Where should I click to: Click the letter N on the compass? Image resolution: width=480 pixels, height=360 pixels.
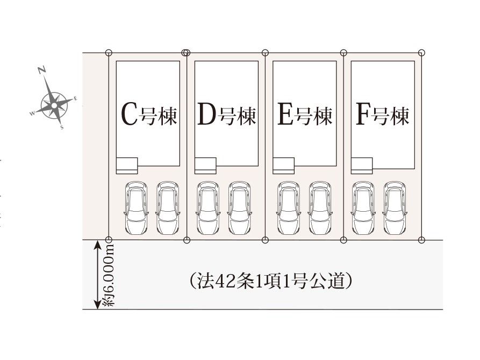point(42,70)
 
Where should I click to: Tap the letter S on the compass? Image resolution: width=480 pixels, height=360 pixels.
point(62,128)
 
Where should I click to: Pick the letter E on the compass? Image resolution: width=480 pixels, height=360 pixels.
point(75,98)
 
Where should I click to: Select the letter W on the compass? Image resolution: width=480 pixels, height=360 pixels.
point(32,113)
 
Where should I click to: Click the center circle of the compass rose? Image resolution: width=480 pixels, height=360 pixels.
point(54,105)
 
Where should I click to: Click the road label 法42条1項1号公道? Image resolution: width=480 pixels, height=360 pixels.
point(270,280)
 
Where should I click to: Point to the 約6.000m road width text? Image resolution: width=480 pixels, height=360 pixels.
point(109,275)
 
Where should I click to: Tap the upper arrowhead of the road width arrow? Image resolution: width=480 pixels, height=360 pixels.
point(97,244)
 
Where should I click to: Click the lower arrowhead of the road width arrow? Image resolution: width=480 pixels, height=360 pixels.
point(97,305)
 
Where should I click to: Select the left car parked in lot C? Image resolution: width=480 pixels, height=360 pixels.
point(136,208)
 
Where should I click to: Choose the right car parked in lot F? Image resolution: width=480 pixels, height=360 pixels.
point(395,208)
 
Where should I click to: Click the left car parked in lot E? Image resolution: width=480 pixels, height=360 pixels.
point(289,208)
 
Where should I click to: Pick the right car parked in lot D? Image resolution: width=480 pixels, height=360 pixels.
point(239,208)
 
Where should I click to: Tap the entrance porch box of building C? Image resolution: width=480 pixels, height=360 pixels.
point(127,165)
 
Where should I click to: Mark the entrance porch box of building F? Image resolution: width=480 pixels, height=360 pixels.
point(362,165)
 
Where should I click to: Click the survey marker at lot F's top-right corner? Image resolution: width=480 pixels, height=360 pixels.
point(421,53)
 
